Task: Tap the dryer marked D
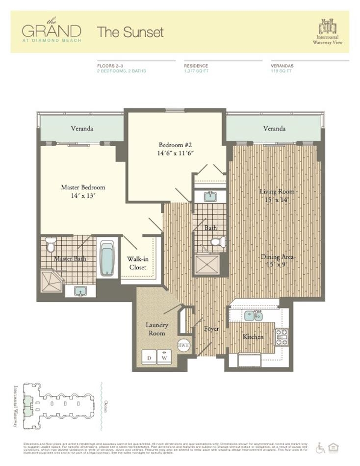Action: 149,357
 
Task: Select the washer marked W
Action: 164,357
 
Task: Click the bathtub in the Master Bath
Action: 107,259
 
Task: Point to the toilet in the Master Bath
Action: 51,245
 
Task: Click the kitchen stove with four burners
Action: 282,337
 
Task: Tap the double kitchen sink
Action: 253,315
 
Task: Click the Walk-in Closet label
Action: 137,263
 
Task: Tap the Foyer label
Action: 211,329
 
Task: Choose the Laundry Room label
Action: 157,329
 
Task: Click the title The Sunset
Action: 130,32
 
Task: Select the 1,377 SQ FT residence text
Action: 196,71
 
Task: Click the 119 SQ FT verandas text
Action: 282,71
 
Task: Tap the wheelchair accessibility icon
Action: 321,448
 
